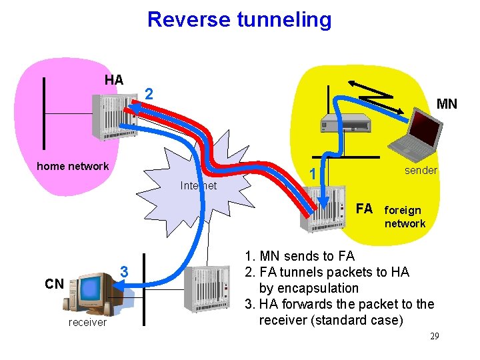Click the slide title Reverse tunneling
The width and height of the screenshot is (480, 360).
[239, 19]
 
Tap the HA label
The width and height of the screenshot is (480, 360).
[114, 80]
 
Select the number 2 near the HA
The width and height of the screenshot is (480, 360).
[150, 95]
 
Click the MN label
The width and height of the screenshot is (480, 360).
[446, 105]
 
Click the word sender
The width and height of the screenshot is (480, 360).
[421, 171]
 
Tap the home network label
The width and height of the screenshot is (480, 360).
[73, 166]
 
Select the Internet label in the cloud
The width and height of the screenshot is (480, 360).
[199, 186]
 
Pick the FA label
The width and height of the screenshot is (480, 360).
[364, 209]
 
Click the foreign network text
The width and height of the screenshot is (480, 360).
[405, 217]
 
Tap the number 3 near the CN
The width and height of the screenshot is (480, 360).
[123, 272]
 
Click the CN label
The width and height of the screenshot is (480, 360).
[54, 285]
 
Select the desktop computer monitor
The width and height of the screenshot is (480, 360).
[89, 289]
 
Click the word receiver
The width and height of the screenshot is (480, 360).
[87, 323]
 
